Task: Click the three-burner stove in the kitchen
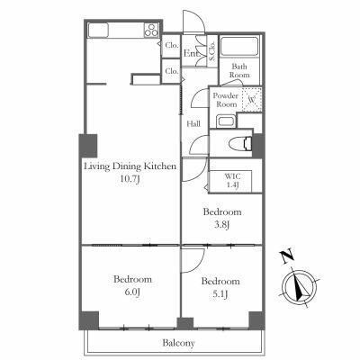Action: click(x=151, y=30)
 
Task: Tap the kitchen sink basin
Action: click(x=98, y=30)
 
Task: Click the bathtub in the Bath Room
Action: click(x=239, y=46)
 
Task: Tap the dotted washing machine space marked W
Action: click(x=252, y=100)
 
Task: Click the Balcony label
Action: click(x=178, y=343)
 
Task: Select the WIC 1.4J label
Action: click(x=232, y=181)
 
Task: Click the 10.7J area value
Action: click(x=130, y=180)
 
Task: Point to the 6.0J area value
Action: click(x=132, y=292)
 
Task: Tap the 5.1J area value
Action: click(x=220, y=294)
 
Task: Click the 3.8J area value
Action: click(x=222, y=225)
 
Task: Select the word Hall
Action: click(x=193, y=123)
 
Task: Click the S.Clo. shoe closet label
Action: click(x=212, y=51)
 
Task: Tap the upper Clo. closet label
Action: click(x=172, y=46)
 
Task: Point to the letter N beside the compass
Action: click(x=287, y=256)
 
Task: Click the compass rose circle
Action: click(x=300, y=288)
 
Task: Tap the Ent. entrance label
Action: click(x=192, y=54)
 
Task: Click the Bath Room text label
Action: click(x=239, y=70)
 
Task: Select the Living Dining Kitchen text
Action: click(x=130, y=166)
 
